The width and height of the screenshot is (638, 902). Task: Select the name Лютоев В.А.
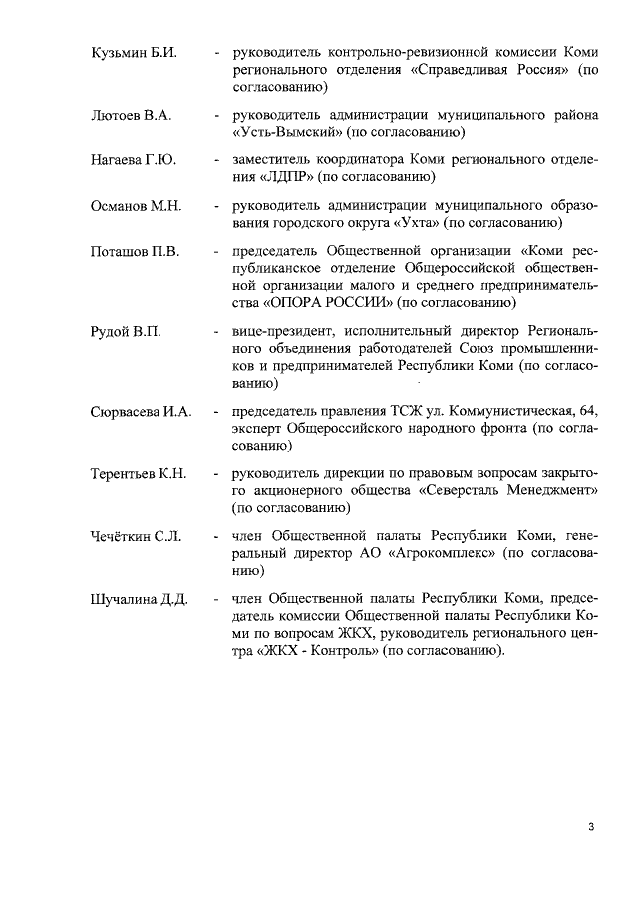pyautogui.click(x=131, y=116)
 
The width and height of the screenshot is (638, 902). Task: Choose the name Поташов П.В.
pyautogui.click(x=136, y=251)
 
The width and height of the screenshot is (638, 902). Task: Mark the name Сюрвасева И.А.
pyautogui.click(x=140, y=411)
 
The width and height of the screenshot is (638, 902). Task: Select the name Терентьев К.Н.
pyautogui.click(x=139, y=474)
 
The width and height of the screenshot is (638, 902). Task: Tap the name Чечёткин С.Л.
pyautogui.click(x=136, y=538)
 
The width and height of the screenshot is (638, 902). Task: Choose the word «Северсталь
pyautogui.click(x=466, y=491)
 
